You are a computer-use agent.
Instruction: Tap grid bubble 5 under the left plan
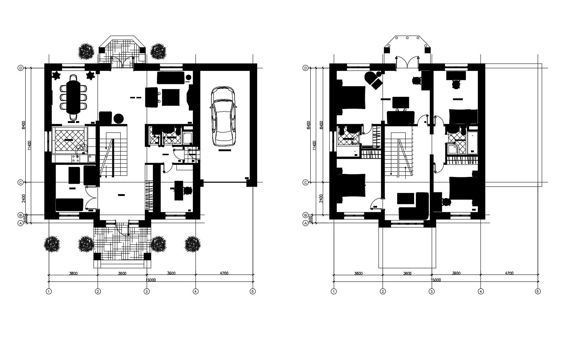[252, 291]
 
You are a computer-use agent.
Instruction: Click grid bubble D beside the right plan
[305, 68]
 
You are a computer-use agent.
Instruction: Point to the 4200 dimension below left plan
[224, 273]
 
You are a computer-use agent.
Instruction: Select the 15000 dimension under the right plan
[435, 280]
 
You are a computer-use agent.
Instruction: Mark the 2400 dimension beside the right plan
[321, 198]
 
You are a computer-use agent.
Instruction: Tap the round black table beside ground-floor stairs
[118, 119]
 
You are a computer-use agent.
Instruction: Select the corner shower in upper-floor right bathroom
[452, 149]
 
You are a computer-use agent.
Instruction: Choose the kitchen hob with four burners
[76, 159]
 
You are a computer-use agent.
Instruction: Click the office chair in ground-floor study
[187, 190]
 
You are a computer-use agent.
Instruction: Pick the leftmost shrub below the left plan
[52, 244]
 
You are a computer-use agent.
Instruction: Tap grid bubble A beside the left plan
[21, 223]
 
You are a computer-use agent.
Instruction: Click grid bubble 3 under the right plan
[431, 291]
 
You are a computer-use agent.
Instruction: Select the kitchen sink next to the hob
[92, 159]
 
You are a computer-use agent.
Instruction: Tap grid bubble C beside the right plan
[305, 182]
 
